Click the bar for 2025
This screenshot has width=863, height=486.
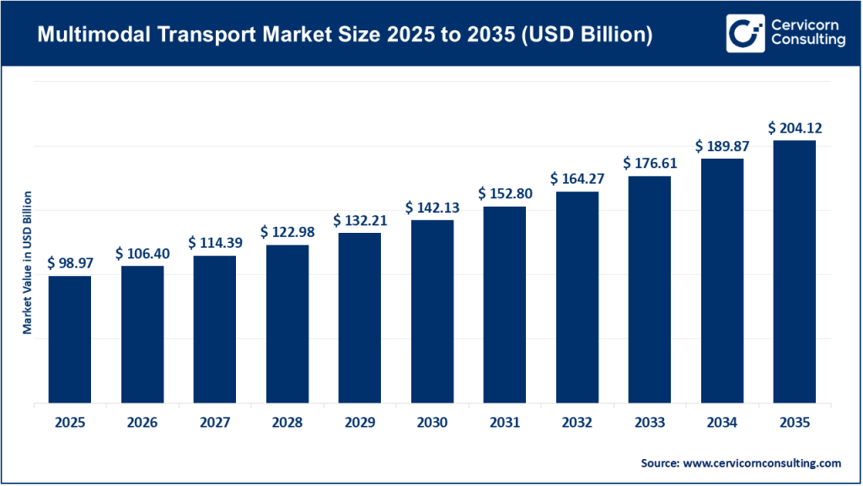(x=70, y=339)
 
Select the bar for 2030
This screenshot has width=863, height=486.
(x=432, y=311)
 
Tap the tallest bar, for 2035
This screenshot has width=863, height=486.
(x=794, y=272)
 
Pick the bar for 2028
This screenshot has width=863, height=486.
(x=287, y=324)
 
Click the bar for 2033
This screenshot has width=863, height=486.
(x=649, y=289)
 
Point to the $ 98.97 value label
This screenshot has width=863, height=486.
(x=70, y=263)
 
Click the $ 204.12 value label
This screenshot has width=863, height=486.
(x=794, y=128)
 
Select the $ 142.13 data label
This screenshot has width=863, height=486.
(x=432, y=208)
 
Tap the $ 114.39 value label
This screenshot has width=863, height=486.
(x=215, y=243)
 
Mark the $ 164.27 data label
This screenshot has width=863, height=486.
(x=577, y=179)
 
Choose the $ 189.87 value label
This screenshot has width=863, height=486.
(x=722, y=146)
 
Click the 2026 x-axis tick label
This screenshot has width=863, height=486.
(x=142, y=422)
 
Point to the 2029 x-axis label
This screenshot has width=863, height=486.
(x=360, y=422)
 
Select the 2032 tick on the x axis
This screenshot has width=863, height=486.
(x=577, y=422)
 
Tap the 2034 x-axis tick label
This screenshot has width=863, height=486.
(x=722, y=422)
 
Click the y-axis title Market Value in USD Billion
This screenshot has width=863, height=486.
(x=27, y=262)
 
